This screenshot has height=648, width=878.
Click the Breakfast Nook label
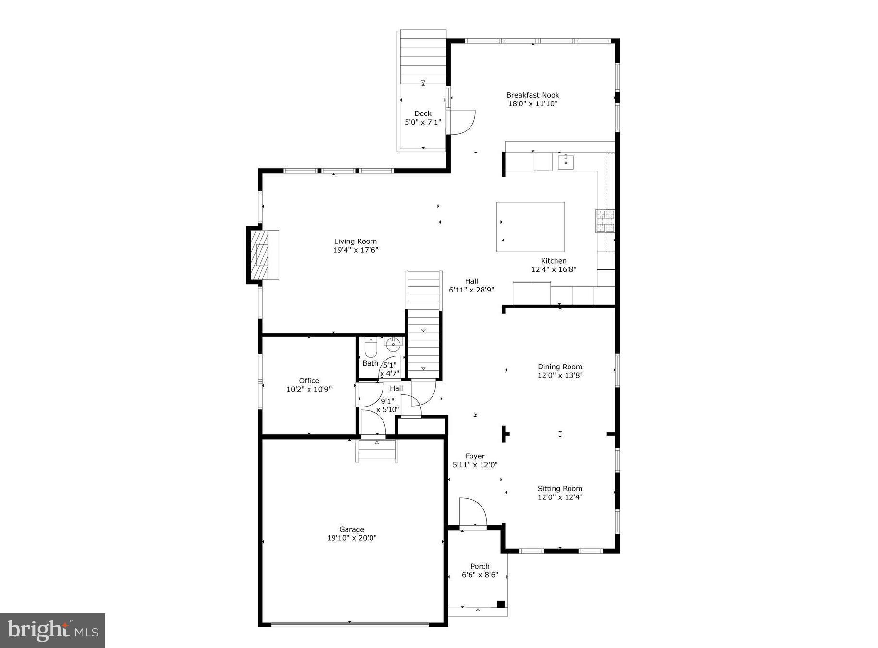click(532, 95)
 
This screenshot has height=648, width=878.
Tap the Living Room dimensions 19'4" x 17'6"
click(356, 250)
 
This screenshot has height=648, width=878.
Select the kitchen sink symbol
click(566, 162)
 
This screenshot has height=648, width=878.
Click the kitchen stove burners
click(605, 221)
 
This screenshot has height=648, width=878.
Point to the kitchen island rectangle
click(530, 227)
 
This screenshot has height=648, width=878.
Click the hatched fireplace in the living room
click(259, 255)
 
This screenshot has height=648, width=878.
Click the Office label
click(309, 381)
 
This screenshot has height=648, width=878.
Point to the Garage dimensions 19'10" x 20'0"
click(352, 538)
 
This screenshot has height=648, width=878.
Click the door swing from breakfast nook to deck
click(461, 122)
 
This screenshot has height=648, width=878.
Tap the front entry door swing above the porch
click(473, 512)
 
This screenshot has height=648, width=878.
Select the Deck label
click(423, 114)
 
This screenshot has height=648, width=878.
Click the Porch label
click(480, 566)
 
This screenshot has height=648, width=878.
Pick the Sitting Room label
click(560, 488)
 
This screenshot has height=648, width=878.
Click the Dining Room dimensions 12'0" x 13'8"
click(560, 375)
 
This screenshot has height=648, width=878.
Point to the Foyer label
click(475, 456)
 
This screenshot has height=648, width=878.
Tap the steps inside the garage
click(377, 451)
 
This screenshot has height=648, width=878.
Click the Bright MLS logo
click(52, 630)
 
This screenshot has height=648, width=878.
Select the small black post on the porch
click(500, 604)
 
